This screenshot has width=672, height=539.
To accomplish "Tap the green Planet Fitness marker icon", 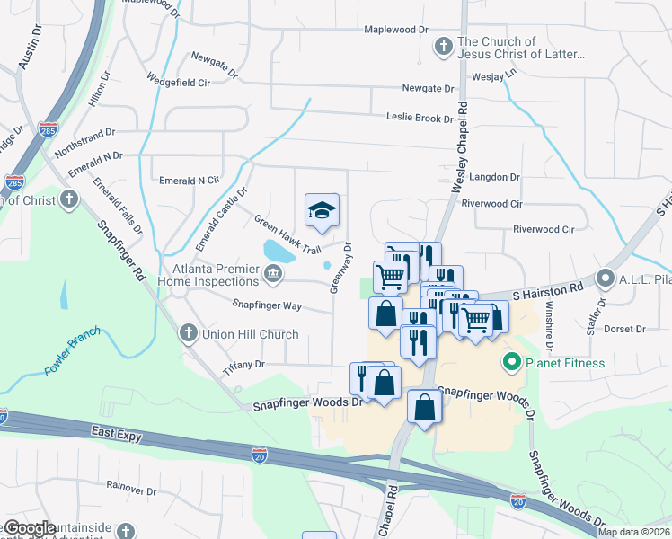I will (x=512, y=363).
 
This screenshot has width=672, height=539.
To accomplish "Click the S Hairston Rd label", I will (x=548, y=288).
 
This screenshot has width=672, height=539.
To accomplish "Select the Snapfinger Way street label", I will (x=267, y=305).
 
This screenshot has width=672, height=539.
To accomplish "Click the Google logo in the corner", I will (x=29, y=528).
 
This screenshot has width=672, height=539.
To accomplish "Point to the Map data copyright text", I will (x=633, y=532).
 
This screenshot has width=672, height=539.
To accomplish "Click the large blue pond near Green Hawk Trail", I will (x=279, y=251).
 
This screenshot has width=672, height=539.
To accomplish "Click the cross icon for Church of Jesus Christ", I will (x=442, y=46).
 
